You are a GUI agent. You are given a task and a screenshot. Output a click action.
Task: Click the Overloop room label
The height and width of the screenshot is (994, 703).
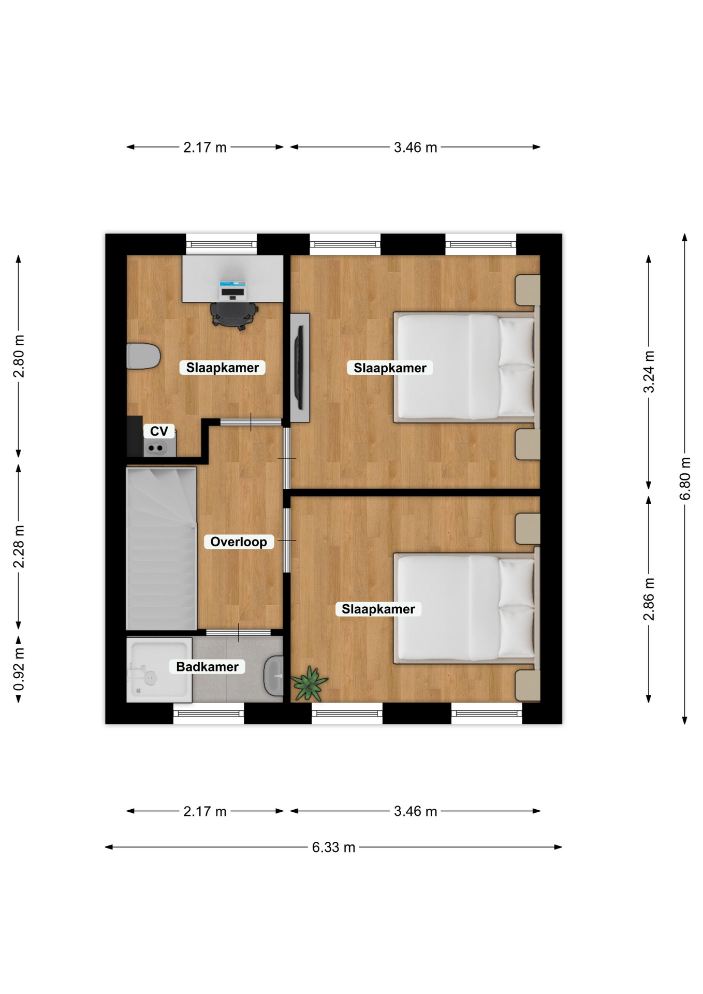click(239, 542)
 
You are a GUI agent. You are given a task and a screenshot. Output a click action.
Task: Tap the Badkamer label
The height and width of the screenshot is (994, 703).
click(207, 666)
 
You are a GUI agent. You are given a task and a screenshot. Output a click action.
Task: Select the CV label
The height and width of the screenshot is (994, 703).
click(159, 431)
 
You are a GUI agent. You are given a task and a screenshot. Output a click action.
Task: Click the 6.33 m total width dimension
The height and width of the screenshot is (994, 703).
click(333, 847)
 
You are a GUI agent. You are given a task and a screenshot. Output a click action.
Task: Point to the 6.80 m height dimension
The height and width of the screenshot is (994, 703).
click(685, 478)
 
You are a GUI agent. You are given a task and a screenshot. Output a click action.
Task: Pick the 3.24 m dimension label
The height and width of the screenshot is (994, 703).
click(649, 372)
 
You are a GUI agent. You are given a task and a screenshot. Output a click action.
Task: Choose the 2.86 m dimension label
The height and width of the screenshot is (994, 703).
click(649, 599)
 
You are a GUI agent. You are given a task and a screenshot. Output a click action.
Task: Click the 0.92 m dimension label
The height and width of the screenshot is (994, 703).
click(19, 669)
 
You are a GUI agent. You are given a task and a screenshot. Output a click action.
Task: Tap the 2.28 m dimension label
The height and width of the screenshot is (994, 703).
click(19, 546)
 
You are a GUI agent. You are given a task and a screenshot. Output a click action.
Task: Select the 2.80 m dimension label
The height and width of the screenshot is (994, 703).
click(19, 356)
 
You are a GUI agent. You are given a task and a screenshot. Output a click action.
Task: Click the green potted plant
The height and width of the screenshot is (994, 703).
click(310, 683)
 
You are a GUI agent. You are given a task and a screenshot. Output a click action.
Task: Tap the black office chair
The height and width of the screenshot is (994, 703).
click(234, 315)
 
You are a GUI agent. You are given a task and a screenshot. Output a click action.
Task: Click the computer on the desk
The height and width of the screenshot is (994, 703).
click(232, 290)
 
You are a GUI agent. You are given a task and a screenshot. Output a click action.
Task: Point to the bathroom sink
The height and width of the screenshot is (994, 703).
click(274, 676)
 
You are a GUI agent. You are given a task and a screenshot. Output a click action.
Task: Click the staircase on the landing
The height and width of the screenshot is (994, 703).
click(162, 548)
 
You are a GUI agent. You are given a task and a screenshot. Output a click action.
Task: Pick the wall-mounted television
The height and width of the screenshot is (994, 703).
click(299, 368)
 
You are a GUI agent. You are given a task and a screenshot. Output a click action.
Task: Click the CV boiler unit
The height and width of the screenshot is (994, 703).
click(159, 444)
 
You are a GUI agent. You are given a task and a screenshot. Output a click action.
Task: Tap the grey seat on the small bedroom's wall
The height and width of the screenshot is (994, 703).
click(143, 356)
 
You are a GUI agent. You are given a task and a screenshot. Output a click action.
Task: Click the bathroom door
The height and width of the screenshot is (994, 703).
click(238, 632)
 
